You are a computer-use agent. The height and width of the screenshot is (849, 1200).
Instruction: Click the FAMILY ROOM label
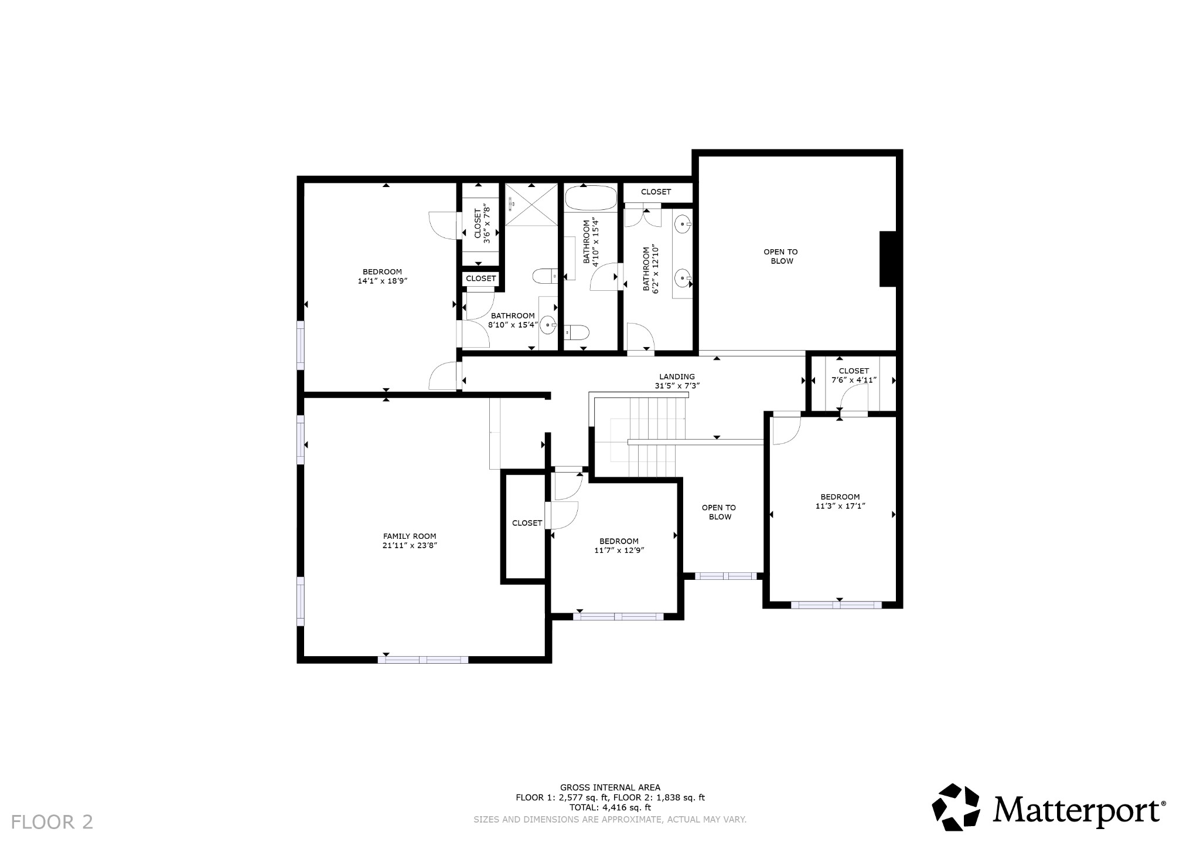410,536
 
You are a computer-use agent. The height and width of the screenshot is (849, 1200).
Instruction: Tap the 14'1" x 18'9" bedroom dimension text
382,281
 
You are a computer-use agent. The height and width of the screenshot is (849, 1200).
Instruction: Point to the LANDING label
677,376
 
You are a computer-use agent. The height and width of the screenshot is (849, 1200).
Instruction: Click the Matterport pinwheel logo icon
956,807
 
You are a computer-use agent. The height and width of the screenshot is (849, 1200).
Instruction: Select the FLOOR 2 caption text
52,822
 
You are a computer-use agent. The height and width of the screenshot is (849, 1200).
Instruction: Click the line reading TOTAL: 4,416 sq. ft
610,807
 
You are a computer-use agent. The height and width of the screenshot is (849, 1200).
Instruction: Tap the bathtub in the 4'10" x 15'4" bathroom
591,198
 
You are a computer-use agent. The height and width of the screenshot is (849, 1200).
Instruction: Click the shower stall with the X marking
531,204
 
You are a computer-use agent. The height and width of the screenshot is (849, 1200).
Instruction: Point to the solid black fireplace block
888,259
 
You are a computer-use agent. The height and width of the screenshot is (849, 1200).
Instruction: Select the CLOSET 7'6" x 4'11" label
854,375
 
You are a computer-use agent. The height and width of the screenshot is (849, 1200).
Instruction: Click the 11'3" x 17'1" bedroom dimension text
840,506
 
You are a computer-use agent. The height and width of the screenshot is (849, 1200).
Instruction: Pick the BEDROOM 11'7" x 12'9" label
619,546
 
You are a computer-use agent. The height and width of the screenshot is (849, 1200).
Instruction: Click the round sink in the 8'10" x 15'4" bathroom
548,324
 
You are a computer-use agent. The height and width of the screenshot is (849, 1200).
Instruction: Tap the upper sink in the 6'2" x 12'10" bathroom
683,224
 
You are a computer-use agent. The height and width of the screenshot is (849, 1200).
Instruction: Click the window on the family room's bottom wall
423,660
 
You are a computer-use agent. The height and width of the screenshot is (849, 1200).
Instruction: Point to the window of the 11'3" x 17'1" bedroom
836,605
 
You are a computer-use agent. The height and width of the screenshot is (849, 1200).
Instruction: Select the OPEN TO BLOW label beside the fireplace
781,256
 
